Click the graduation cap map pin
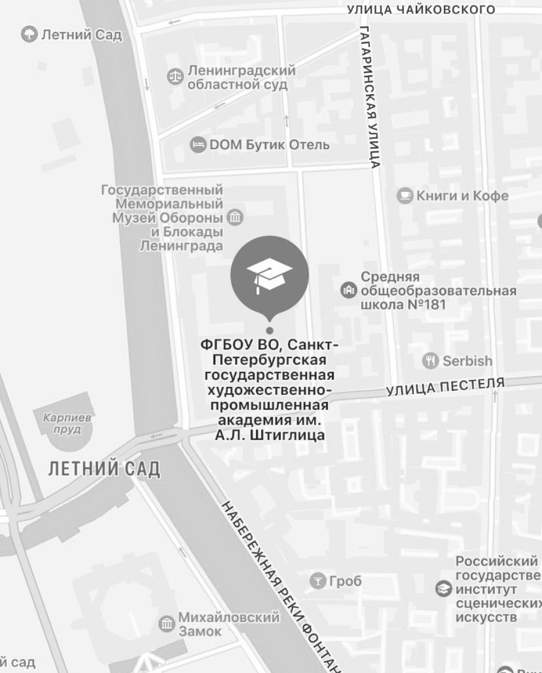[270, 274]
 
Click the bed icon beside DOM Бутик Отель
[198, 145]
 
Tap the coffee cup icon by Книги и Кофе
[405, 196]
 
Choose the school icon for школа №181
[349, 290]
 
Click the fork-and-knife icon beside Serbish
[430, 361]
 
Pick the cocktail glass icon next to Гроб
[318, 582]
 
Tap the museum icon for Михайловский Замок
[166, 623]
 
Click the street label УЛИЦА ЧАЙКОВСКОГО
[421, 10]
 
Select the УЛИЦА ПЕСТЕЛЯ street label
[446, 386]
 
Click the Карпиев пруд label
[67, 423]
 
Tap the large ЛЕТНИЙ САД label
[104, 468]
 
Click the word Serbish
[467, 361]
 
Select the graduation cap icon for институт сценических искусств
[444, 589]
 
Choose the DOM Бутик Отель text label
[270, 145]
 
